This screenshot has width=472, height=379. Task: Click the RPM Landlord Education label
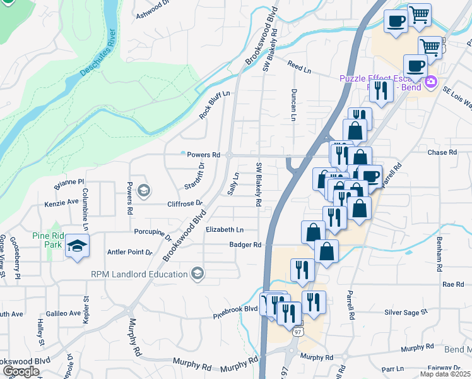[x=139, y=274]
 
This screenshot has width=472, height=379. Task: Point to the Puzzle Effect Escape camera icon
[x=431, y=81]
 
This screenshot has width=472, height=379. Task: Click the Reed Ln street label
[x=300, y=66]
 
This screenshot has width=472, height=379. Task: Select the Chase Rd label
[x=442, y=152]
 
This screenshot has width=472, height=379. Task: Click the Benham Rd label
[x=437, y=251]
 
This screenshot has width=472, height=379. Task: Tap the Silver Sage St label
[x=406, y=312]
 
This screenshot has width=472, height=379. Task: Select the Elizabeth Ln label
[x=225, y=230]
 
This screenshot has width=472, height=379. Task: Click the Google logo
[x=21, y=371]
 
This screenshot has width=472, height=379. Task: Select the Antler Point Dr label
[x=131, y=252]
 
